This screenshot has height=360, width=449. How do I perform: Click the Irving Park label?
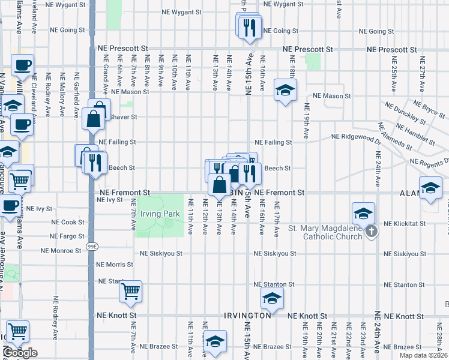pyautogui.click(x=155, y=214)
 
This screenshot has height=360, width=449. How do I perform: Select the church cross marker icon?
pyautogui.click(x=372, y=231)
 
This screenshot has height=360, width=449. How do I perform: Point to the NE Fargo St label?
pyautogui.click(x=67, y=236)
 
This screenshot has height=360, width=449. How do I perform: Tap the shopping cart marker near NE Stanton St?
pyautogui.click(x=130, y=292)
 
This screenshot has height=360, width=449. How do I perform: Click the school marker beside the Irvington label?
pyautogui.click(x=272, y=298)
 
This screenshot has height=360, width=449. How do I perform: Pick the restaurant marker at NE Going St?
pyautogui.click(x=249, y=26)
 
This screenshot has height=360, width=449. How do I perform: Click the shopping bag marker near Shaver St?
pyautogui.click(x=94, y=118)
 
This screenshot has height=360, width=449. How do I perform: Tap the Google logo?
pyautogui.click(x=20, y=353)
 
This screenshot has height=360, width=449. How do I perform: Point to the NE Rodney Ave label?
pyautogui.click(x=56, y=310)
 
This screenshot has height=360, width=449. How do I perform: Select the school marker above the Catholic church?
pyautogui.click(x=363, y=214)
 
